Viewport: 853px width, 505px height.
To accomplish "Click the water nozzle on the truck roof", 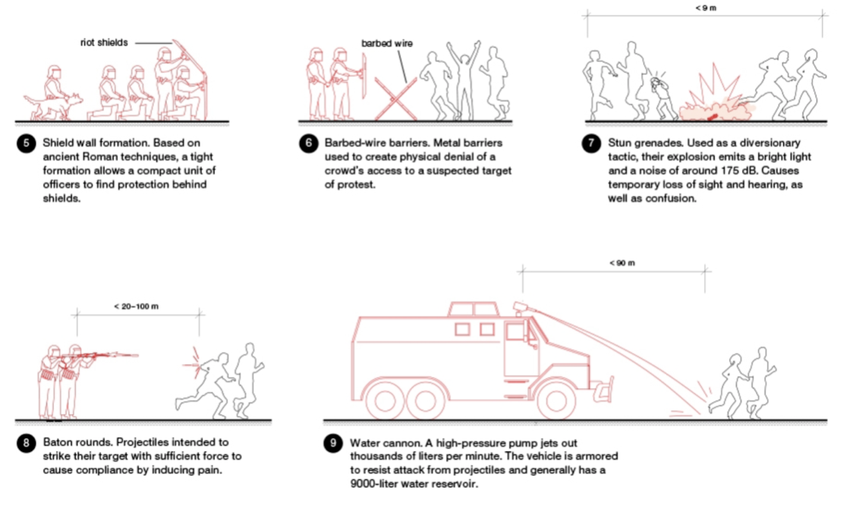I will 522,306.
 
